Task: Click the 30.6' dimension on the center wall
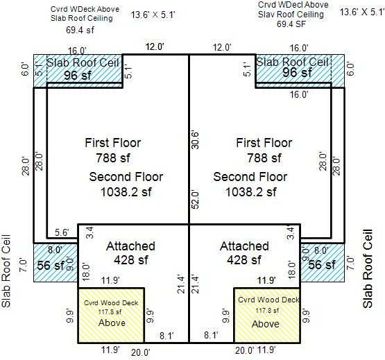[195, 140]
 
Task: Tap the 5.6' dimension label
[62, 232]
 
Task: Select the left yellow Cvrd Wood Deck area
[111, 316]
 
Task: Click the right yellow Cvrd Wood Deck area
[267, 316]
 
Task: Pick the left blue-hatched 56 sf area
[55, 262]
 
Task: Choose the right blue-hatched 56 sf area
[323, 262]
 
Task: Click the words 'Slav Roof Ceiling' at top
[291, 15]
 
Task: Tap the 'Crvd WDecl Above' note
[293, 5]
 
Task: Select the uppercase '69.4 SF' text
[291, 24]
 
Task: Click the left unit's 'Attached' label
[130, 246]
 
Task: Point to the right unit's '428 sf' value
[244, 260]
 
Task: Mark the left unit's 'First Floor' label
[113, 143]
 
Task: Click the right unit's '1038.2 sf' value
[251, 191]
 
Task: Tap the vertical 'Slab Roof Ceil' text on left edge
[6, 271]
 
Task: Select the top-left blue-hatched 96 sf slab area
[78, 71]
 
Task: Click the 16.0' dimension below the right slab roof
[299, 94]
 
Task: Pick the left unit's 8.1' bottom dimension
[166, 336]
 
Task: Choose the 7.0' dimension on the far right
[350, 263]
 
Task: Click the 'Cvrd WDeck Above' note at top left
[85, 9]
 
